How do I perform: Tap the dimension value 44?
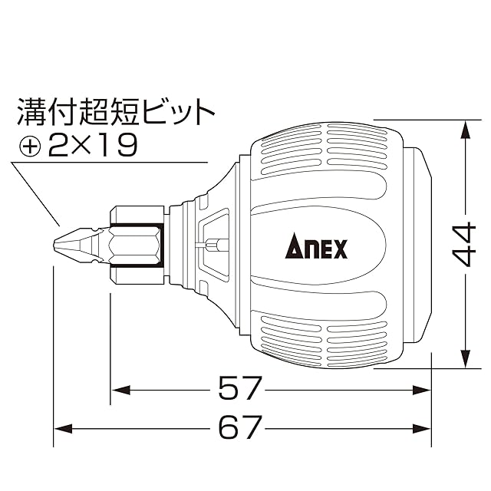(465, 245)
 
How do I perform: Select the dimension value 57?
(239, 388)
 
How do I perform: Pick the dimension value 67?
(239, 427)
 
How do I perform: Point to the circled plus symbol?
(30, 146)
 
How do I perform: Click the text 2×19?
(93, 145)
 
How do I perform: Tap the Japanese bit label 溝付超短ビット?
(116, 112)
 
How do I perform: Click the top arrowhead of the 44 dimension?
(466, 130)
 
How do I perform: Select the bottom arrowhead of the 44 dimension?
(466, 358)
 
